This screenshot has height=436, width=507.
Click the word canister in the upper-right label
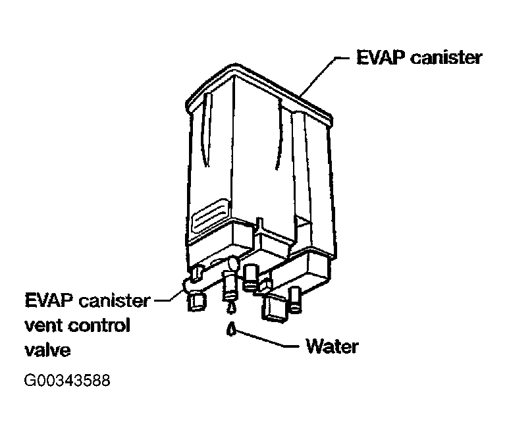(446, 58)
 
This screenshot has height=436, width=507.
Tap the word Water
(332, 346)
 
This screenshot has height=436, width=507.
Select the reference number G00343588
(67, 381)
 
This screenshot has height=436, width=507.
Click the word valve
(47, 350)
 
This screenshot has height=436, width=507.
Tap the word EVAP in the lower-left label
(47, 301)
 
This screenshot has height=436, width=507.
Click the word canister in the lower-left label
(115, 302)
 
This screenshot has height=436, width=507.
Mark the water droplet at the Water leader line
(231, 329)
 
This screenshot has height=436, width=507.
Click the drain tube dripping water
(230, 287)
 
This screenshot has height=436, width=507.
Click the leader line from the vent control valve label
(168, 300)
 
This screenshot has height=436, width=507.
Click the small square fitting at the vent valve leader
(196, 302)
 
